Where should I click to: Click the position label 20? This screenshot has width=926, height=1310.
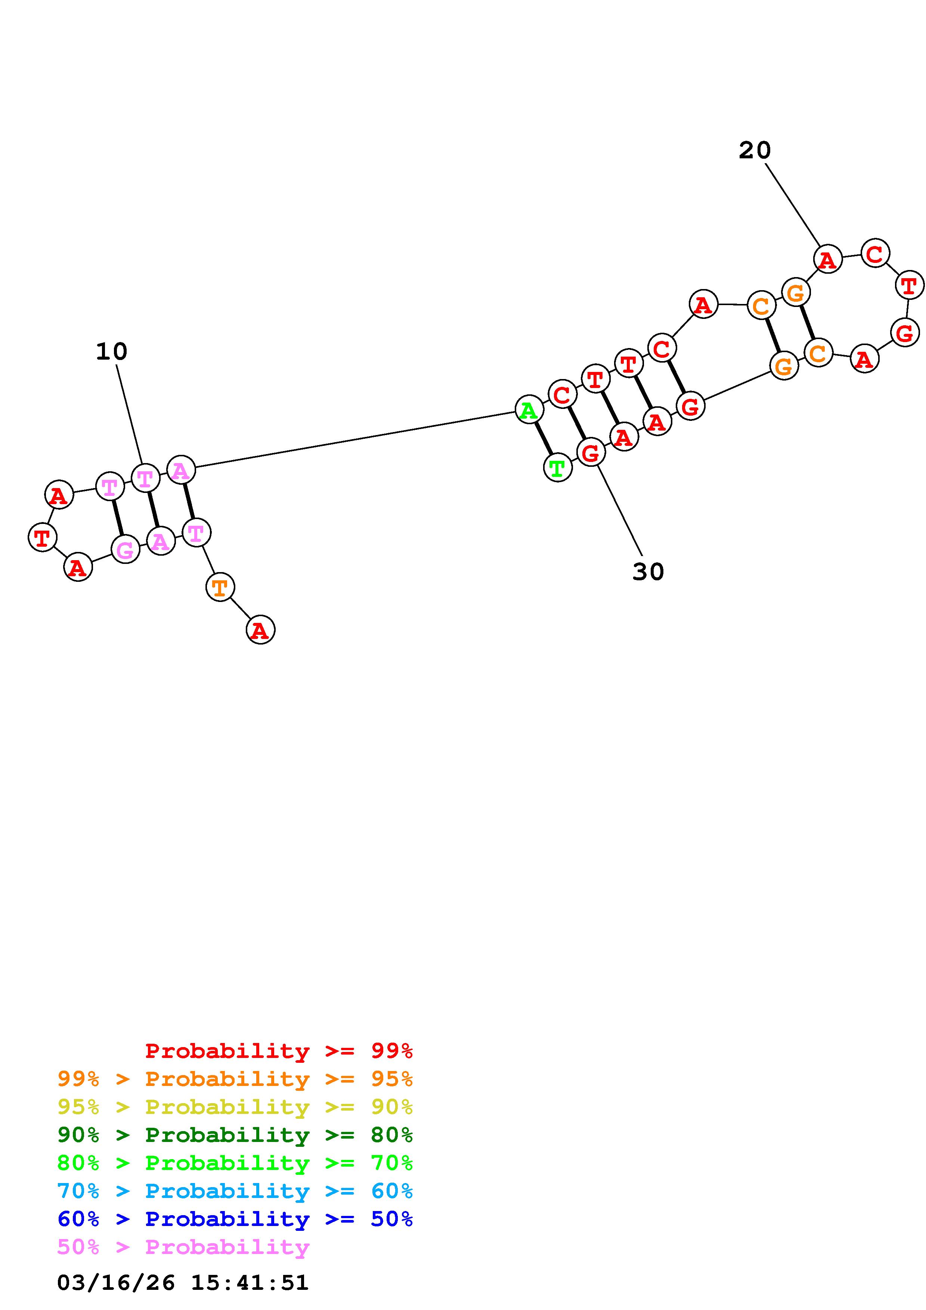pyautogui.click(x=754, y=150)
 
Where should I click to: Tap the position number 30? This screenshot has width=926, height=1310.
pyautogui.click(x=648, y=572)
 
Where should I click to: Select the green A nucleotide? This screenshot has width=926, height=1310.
pyautogui.click(x=529, y=410)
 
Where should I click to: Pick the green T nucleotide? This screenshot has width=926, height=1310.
pyautogui.click(x=557, y=468)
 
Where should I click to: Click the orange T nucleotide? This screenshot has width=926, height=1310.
pyautogui.click(x=220, y=587)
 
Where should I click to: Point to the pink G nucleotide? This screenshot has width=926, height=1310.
pyautogui.click(x=125, y=550)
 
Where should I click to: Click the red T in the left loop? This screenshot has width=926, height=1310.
pyautogui.click(x=42, y=537)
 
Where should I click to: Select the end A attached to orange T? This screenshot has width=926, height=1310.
pyautogui.click(x=260, y=630)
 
